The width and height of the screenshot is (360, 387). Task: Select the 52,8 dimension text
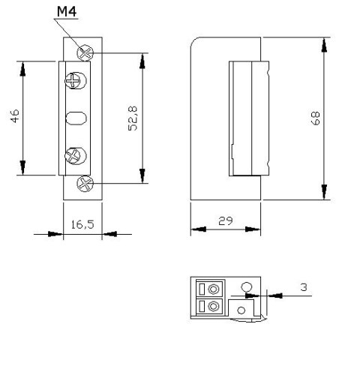132,118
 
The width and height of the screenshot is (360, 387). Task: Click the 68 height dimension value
316,118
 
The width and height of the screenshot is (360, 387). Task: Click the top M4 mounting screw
87,53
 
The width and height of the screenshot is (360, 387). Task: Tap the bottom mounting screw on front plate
86,182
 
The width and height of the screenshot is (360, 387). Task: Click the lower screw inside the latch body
76,156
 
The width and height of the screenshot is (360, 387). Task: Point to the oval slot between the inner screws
76,118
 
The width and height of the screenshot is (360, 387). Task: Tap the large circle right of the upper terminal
245,286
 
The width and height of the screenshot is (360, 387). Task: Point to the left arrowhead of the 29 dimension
197,229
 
